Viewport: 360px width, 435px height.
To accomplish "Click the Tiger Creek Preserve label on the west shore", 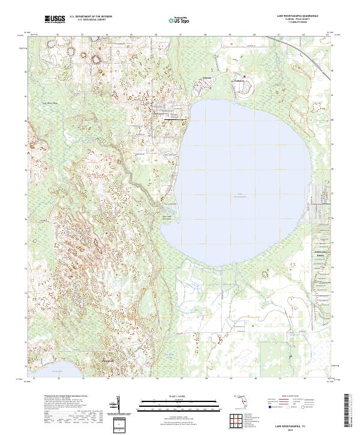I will (167, 217).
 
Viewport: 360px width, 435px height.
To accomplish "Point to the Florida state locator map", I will (242, 403).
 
